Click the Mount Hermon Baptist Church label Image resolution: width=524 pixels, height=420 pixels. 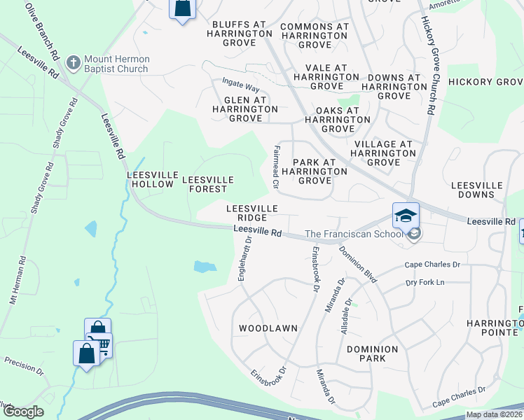pyautogui.click(x=116, y=64)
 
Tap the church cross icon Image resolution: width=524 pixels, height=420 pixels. pyautogui.click(x=72, y=63)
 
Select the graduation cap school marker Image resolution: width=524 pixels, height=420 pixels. pyautogui.click(x=406, y=216)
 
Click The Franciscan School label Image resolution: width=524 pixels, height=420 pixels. pyautogui.click(x=357, y=234)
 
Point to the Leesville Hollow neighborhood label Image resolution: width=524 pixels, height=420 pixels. pyautogui.click(x=150, y=179)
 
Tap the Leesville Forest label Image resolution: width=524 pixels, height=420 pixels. pyautogui.click(x=205, y=184)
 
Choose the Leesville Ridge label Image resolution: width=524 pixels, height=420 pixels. pyautogui.click(x=252, y=213)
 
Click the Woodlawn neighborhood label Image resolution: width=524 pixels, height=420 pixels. pyautogui.click(x=268, y=328)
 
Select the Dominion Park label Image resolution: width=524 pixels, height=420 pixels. pyautogui.click(x=372, y=353)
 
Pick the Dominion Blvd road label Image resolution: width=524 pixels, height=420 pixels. pyautogui.click(x=358, y=264)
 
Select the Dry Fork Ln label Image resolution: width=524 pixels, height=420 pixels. pyautogui.click(x=426, y=282)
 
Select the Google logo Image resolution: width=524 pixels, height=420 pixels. pyautogui.click(x=24, y=412)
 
